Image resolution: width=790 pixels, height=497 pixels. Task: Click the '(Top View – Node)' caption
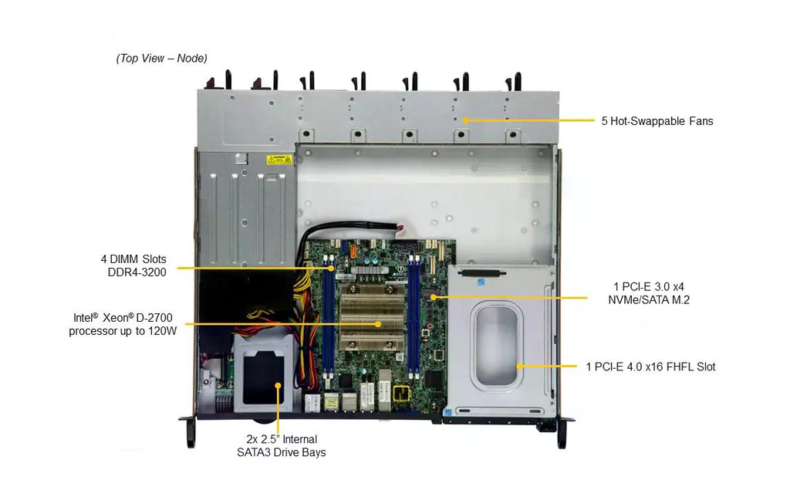(162, 59)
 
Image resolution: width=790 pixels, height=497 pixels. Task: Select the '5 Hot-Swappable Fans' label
(657, 121)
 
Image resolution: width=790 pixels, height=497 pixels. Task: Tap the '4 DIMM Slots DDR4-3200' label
(133, 265)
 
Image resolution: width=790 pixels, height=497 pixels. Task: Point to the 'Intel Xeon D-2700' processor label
(123, 325)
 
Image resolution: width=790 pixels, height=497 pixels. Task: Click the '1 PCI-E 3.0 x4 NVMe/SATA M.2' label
(649, 293)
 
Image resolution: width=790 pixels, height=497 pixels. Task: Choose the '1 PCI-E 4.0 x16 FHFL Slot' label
(650, 367)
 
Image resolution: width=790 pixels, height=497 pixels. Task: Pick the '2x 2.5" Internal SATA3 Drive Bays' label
(282, 446)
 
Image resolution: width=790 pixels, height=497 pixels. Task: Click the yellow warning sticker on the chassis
(279, 160)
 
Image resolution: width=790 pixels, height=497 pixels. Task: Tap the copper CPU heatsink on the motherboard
(373, 317)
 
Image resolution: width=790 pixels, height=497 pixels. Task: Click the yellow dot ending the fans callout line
(466, 120)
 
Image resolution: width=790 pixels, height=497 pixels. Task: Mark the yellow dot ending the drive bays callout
(278, 386)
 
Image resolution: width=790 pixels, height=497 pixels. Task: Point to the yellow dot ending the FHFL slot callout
(519, 367)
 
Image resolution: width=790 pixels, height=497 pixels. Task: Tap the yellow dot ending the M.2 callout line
(434, 297)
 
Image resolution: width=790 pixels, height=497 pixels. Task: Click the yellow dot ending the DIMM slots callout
(331, 268)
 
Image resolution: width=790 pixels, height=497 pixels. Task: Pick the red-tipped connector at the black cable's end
(401, 229)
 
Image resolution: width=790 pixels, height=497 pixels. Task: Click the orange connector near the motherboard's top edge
(353, 249)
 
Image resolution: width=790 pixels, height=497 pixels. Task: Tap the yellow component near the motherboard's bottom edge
(401, 393)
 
